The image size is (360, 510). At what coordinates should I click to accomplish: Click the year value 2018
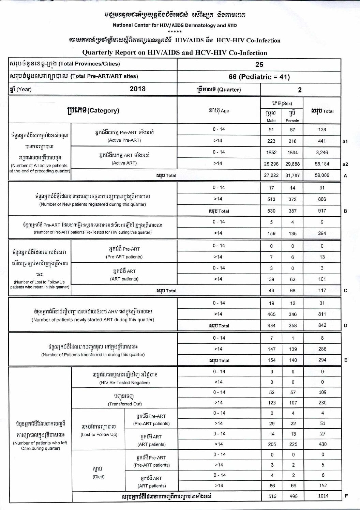137,89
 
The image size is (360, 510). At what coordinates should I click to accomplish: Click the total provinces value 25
259,65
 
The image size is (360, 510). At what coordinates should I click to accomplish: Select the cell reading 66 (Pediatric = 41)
259,77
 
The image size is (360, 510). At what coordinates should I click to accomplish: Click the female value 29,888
292,164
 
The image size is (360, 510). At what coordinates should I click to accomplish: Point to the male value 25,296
271,164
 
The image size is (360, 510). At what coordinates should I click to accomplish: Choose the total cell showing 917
322,211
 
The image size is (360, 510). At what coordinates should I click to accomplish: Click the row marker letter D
345,326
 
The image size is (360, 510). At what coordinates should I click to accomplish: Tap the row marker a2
345,164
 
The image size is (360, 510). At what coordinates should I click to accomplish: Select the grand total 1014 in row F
323,496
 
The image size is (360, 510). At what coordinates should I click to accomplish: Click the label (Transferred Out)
125,404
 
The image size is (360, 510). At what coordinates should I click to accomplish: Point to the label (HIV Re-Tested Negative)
124,383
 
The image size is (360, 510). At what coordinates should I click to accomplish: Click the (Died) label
99,477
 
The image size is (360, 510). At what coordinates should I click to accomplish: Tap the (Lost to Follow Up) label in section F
99,434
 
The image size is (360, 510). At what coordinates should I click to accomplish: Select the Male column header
271,121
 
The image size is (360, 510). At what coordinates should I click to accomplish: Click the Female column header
292,121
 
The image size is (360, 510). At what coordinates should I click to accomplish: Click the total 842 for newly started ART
322,325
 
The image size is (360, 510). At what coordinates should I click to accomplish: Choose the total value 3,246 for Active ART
322,153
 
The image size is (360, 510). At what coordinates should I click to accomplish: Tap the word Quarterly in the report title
99,53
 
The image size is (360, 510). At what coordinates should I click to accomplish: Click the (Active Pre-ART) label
124,140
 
